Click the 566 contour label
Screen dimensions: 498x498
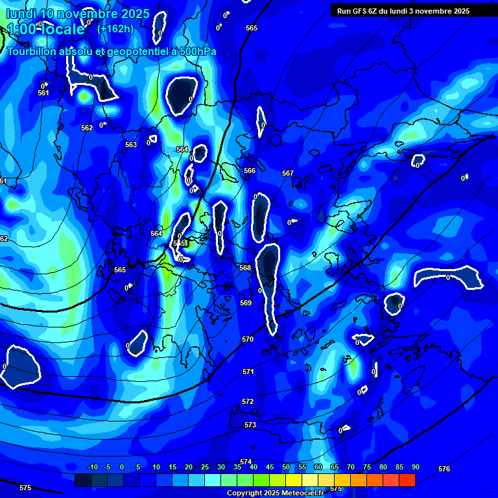[x=250, y=171]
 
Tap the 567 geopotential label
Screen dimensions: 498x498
[x=288, y=173]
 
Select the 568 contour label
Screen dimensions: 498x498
[x=245, y=268]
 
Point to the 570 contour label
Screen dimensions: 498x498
[x=248, y=339]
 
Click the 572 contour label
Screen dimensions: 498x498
[x=248, y=401]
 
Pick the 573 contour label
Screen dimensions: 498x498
[x=250, y=425]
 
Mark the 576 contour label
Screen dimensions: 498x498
[x=444, y=469]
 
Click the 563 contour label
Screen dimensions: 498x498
[x=131, y=145]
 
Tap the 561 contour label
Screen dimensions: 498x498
[x=43, y=93]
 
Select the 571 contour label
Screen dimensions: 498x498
[x=248, y=372]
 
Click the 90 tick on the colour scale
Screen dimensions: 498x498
[x=415, y=467]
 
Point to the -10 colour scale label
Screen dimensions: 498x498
[x=92, y=467]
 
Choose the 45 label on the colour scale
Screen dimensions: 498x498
[x=269, y=467]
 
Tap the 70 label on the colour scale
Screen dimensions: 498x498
[x=350, y=467]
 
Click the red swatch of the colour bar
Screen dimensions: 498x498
[x=407, y=480]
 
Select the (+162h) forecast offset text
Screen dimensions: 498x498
[x=115, y=29]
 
